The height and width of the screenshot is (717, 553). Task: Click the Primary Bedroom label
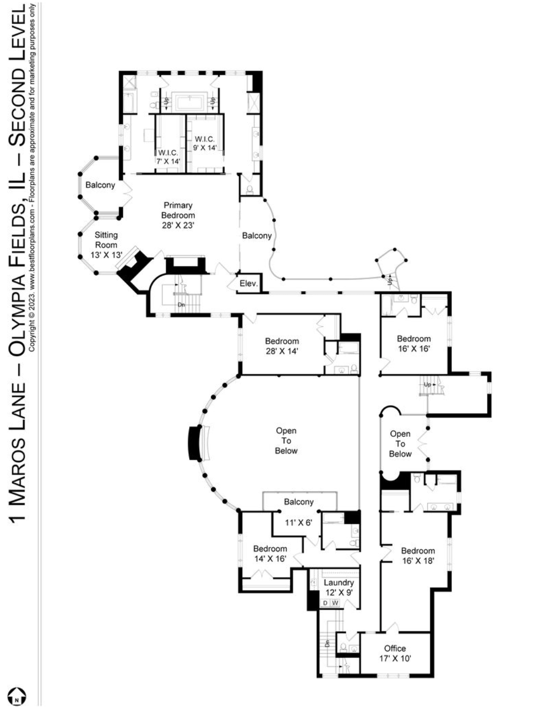tap(178, 215)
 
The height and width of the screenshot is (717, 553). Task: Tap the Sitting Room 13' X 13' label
tap(106, 245)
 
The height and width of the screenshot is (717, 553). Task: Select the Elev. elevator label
tap(248, 283)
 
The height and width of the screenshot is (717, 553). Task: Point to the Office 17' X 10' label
tap(395, 653)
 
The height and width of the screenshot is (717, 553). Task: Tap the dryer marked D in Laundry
tap(325, 603)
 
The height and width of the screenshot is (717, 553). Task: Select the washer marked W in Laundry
tap(335, 603)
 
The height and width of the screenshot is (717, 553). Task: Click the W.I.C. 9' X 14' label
tap(204, 144)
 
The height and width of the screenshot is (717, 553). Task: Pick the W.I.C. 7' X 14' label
tap(169, 157)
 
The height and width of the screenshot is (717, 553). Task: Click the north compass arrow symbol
tap(16, 697)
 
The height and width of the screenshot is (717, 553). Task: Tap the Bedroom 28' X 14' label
tap(282, 346)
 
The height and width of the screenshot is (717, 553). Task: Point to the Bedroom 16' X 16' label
tap(414, 344)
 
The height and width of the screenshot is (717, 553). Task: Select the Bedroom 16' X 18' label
tap(418, 556)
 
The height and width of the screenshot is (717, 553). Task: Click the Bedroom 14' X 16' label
tap(270, 553)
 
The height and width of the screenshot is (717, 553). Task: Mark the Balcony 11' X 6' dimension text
tap(298, 522)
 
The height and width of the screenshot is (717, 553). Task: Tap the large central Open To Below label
tap(286, 440)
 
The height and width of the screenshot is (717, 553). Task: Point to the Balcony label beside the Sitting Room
tap(100, 185)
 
